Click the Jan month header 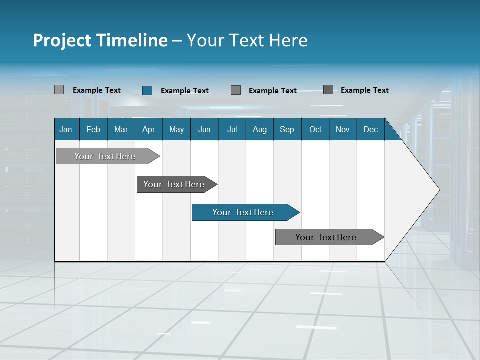(66, 129)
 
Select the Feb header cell (93, 129)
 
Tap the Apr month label (148, 129)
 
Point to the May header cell (176, 129)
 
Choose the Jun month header (204, 129)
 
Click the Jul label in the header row (232, 129)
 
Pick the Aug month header (260, 129)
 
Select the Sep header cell (287, 129)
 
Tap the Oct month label (315, 129)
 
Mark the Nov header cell (343, 129)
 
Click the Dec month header (371, 129)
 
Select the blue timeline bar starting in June (243, 212)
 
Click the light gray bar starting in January (105, 156)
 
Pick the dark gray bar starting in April (174, 184)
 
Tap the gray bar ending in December (326, 237)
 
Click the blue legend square (147, 90)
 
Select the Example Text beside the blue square (185, 91)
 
